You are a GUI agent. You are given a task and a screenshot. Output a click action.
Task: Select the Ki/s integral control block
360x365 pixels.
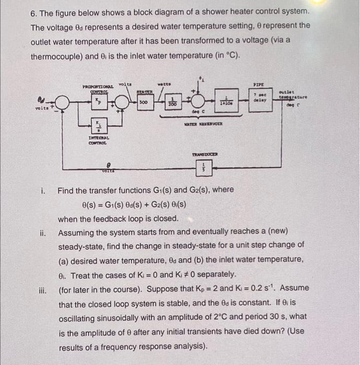pos(97,126)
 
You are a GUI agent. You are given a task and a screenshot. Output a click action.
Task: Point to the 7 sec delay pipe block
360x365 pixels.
pos(260,98)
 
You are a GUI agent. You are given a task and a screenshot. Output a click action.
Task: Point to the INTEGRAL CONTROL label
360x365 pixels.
pos(97,139)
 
